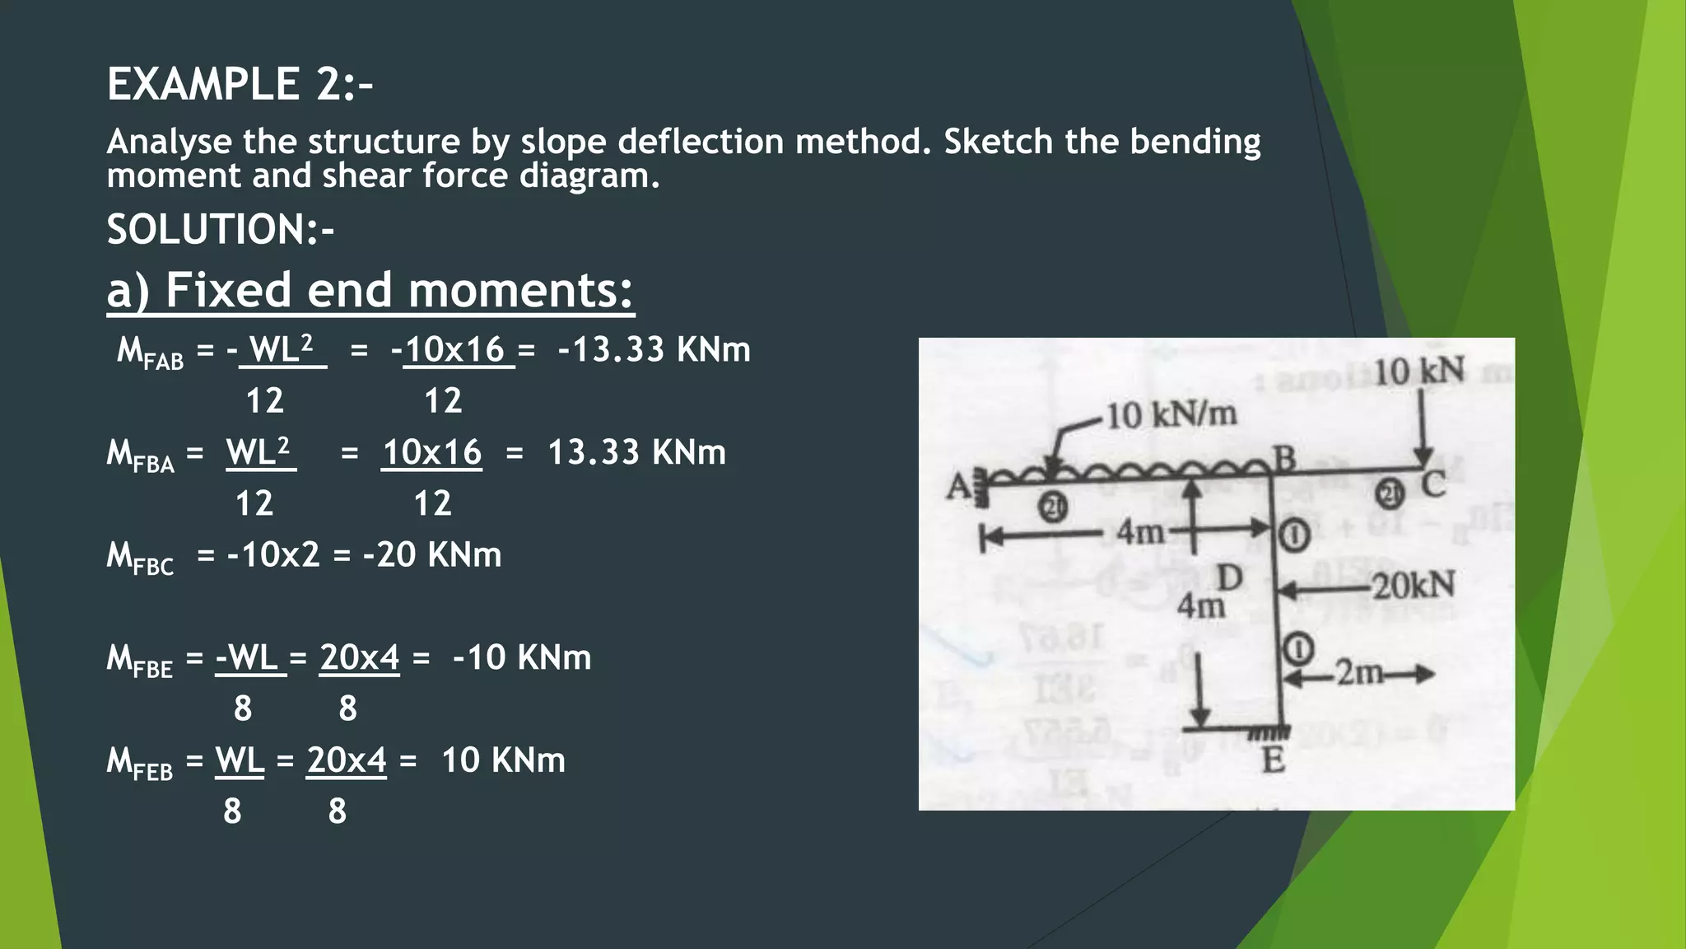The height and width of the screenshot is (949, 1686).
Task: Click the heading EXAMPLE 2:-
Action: coord(240,84)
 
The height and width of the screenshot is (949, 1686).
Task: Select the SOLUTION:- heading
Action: coord(220,229)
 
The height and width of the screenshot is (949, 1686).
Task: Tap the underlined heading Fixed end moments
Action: coord(370,290)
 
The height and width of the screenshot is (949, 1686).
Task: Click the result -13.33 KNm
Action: coord(654,349)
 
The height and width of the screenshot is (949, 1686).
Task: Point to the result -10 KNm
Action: coord(521,657)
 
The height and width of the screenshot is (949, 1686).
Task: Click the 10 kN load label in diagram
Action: coord(1419,372)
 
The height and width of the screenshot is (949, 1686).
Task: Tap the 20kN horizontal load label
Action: coord(1414,586)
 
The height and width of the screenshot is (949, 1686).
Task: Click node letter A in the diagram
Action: coord(957,487)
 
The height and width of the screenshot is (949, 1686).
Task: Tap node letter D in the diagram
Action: coord(1229,578)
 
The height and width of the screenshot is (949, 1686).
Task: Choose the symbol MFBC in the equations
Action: coord(140,557)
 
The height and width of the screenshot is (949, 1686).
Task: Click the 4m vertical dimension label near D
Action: coord(1200,607)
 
